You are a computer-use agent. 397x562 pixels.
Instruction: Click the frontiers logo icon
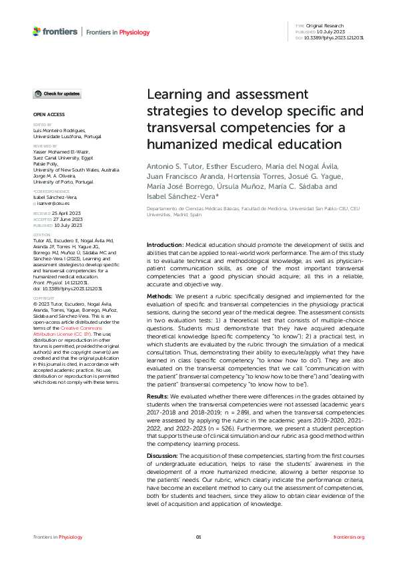pyautogui.click(x=37, y=31)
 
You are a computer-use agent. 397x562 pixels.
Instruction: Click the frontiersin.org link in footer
pyautogui.click(x=348, y=537)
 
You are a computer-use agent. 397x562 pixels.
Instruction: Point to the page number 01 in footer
pyautogui.click(x=198, y=537)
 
